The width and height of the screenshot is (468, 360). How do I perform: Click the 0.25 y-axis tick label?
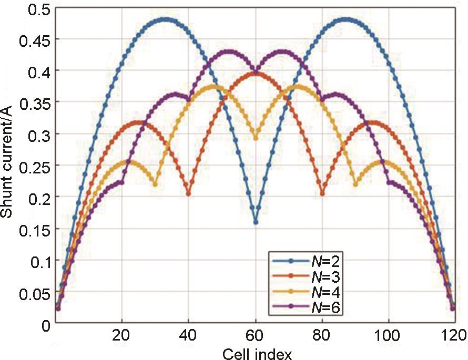pos(33,166)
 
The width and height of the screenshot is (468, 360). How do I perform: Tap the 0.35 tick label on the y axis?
pos(33,102)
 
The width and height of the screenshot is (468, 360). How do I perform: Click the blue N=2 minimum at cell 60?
pos(256,222)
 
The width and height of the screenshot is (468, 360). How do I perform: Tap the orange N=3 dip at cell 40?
pos(189,194)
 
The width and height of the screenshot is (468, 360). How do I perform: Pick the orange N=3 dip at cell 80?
pos(322,194)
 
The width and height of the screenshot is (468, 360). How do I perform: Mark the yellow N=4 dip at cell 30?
pos(155,184)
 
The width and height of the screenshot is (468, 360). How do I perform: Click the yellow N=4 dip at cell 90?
pos(356,184)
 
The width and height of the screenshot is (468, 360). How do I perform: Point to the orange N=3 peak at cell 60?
pos(256,73)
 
